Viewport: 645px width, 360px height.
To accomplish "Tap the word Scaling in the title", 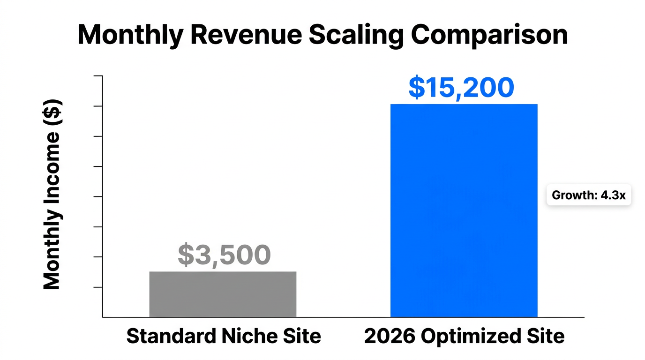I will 351,35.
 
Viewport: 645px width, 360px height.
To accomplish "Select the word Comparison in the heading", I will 489,35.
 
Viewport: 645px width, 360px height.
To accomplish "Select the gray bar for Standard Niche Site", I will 223,294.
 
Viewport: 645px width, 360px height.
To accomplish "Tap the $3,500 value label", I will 224,255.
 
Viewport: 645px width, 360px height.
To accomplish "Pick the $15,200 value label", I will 461,88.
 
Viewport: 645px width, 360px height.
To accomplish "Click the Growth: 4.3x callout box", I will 588,195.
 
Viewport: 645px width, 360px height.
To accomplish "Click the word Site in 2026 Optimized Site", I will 547,337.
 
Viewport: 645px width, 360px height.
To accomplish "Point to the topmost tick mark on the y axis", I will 98,76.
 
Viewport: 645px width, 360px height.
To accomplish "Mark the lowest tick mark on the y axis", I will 98,287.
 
